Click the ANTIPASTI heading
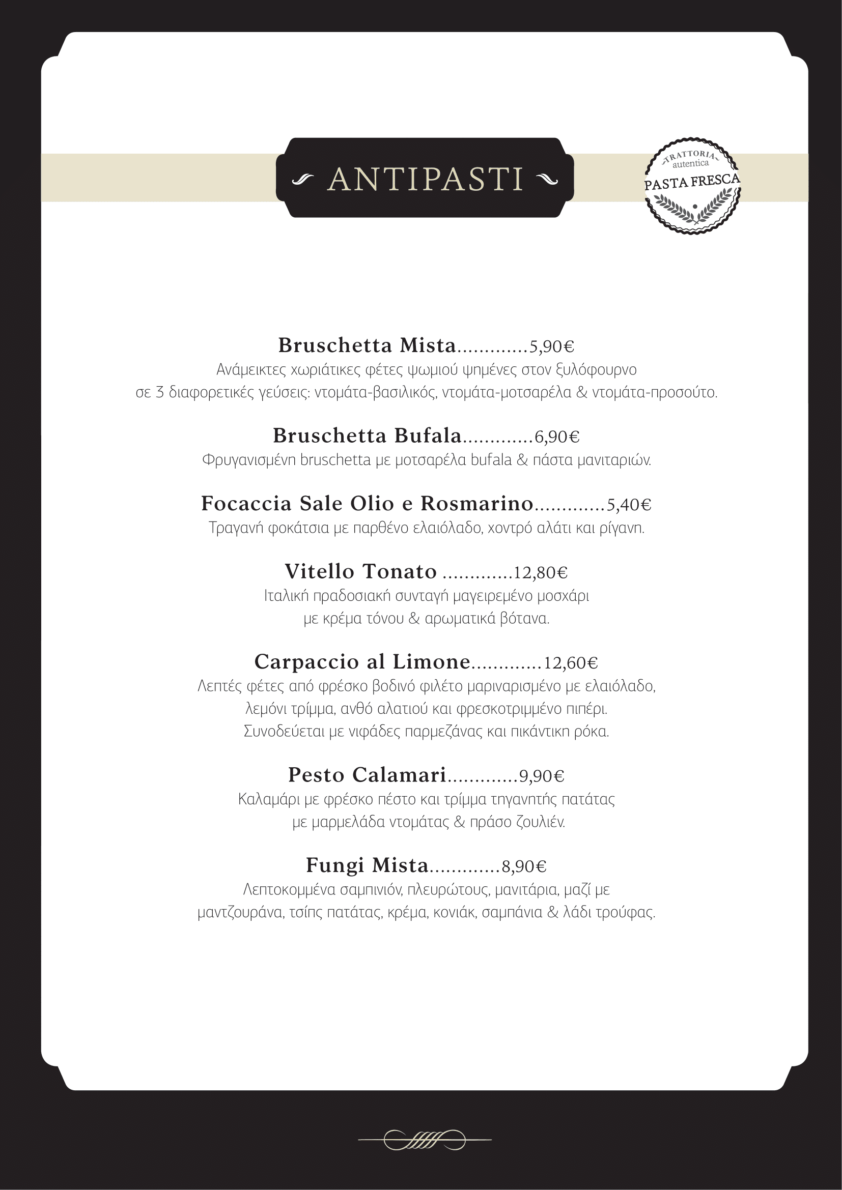tap(425, 179)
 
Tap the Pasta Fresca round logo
tap(692, 186)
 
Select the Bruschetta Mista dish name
tap(367, 345)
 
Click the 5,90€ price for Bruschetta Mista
tap(552, 346)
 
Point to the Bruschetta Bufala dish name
tap(367, 436)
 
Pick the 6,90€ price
tap(557, 437)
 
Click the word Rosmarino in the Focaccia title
tap(476, 503)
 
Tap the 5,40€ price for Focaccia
tap(629, 505)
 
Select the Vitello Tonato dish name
tap(360, 571)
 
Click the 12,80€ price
tap(540, 573)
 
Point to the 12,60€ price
tap(570, 663)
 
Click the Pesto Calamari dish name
tap(367, 775)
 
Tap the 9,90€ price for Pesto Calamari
tap(541, 776)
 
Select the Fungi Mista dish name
tap(367, 865)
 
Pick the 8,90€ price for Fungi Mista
tap(524, 866)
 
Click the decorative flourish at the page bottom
tap(425, 1140)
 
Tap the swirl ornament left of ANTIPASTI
tap(303, 180)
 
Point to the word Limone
tap(431, 661)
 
